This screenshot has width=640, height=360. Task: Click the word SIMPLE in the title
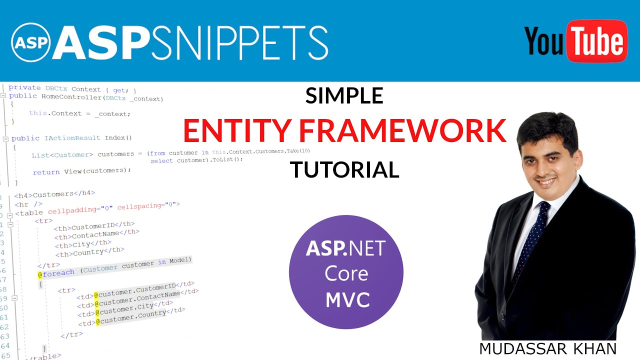tap(344, 95)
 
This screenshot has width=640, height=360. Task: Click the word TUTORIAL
tap(344, 170)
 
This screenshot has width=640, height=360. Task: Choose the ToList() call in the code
tap(224, 159)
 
